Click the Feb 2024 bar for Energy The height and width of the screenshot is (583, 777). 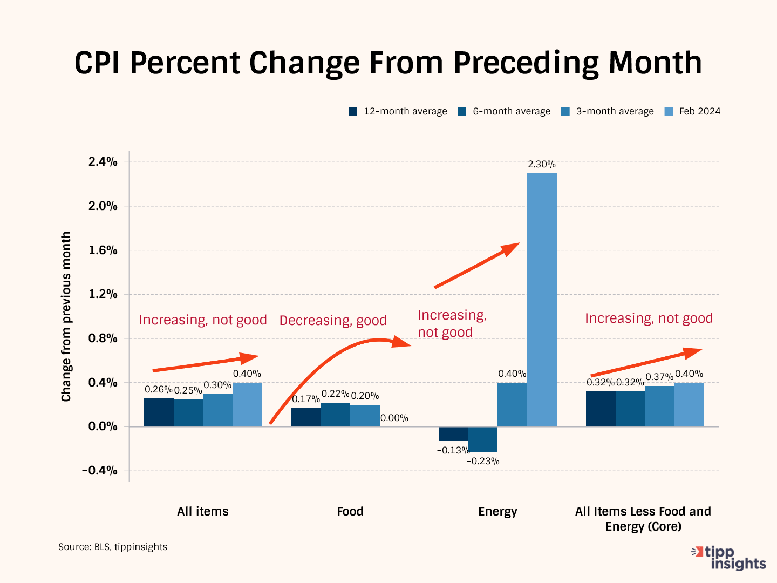[x=542, y=300]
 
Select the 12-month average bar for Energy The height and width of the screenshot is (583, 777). [x=453, y=433]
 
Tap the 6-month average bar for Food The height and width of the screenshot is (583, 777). [x=336, y=415]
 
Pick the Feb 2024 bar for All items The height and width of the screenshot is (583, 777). [x=247, y=404]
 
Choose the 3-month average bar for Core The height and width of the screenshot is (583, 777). [x=659, y=406]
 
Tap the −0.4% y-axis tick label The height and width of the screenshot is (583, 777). [x=100, y=470]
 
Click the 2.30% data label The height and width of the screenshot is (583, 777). [x=541, y=165]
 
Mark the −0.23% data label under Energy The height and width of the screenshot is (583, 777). [x=482, y=461]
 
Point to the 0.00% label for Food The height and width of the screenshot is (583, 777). [x=394, y=418]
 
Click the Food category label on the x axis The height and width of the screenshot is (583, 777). [x=350, y=511]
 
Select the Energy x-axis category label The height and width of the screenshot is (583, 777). [x=497, y=511]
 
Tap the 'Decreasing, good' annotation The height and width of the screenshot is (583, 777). [x=333, y=320]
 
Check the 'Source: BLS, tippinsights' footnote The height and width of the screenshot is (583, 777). [x=113, y=547]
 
